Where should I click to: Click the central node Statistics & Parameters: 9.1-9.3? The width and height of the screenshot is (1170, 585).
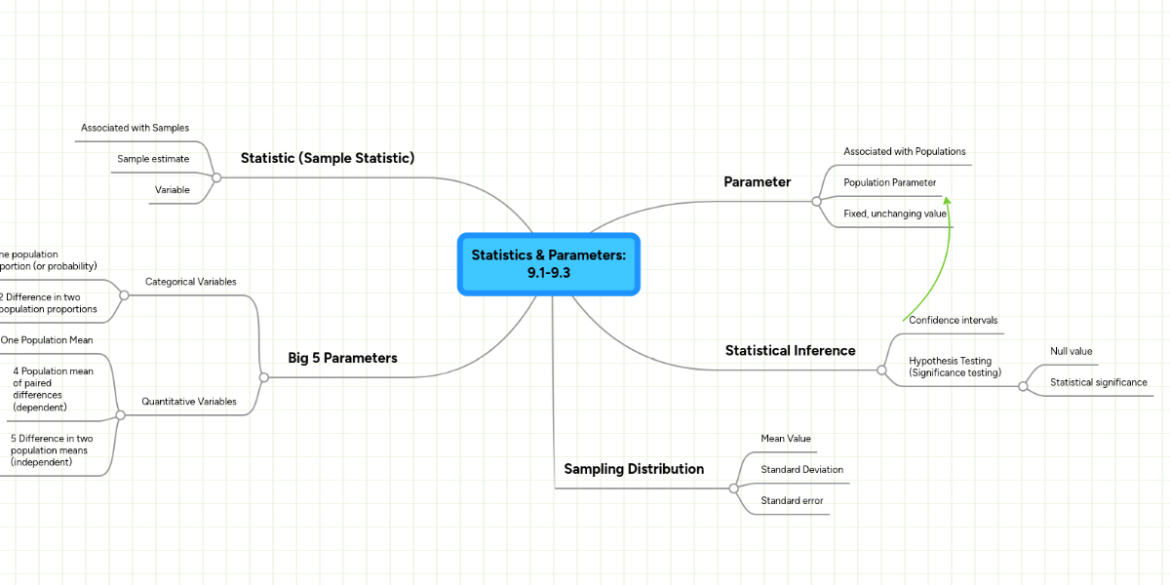point(548,263)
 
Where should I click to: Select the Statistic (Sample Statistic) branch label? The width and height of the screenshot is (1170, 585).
point(328,158)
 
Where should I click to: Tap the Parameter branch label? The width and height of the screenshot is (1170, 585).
point(757,182)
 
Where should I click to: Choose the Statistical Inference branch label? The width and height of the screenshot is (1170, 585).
point(790,351)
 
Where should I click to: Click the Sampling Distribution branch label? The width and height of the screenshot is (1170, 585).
point(634,469)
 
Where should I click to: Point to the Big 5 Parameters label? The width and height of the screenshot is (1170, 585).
point(342,358)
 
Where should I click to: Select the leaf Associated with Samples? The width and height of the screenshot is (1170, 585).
point(135,128)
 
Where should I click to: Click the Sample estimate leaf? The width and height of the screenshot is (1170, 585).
point(153,159)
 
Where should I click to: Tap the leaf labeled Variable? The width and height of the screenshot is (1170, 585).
point(173,190)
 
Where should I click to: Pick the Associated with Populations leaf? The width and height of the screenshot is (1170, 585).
point(904,152)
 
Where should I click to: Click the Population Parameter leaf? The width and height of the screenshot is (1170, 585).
point(889,182)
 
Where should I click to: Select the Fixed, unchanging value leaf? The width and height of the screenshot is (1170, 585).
point(894,214)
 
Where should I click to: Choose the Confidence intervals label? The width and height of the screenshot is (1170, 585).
point(953,320)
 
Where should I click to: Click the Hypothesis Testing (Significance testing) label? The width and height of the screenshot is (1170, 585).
point(950,367)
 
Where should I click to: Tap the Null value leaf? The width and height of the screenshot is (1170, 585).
point(1071,351)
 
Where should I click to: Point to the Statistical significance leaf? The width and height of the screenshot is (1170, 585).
point(1098,382)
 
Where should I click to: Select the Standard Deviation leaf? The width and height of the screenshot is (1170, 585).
point(801,470)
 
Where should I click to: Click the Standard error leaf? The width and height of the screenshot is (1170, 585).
point(792,501)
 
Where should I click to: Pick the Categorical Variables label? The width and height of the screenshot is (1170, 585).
point(190,282)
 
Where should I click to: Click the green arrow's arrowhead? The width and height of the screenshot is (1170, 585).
point(946,200)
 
